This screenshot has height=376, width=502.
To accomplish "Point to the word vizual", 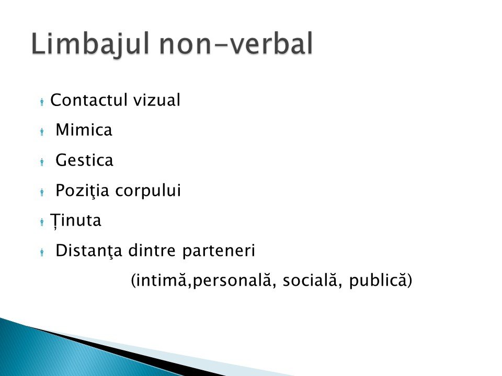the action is (157, 100).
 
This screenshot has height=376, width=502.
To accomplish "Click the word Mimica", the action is (84, 130).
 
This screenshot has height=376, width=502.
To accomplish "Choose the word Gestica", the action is (84, 160).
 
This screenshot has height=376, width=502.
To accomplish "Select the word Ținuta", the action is (75, 220).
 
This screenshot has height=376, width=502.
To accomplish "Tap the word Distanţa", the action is (89, 251).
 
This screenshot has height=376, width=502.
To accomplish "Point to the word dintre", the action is (152, 250).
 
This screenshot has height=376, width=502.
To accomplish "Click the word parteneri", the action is (219, 251).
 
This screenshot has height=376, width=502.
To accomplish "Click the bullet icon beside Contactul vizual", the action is (42, 102).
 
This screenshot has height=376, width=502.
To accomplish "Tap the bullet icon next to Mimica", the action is (42, 132).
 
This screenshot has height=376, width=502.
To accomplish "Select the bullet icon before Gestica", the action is (42, 162).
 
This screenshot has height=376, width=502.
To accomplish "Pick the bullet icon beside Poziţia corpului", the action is (42, 192).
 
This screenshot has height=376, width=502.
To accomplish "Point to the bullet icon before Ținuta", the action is (42, 222).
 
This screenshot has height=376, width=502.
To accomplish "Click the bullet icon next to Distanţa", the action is (42, 252).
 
